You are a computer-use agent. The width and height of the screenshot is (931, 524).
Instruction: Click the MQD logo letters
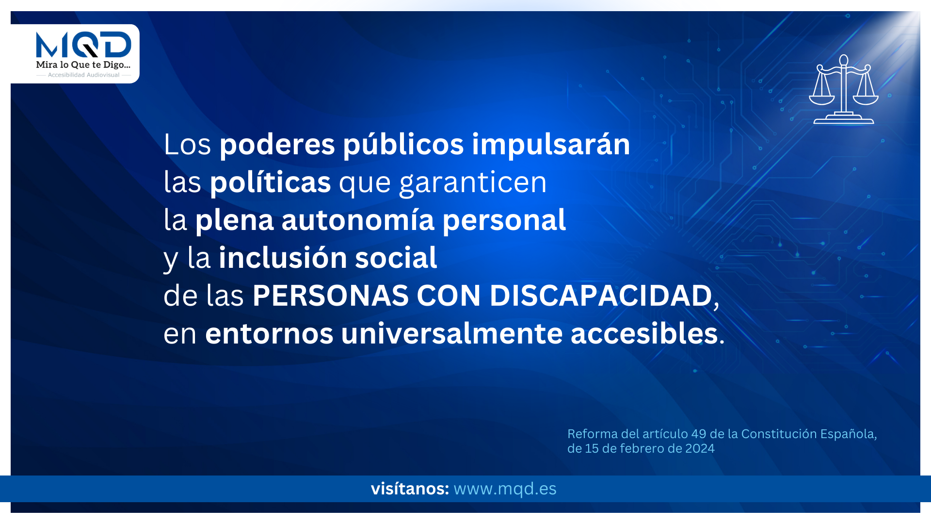83,45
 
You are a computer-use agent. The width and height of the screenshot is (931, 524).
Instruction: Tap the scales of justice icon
844,89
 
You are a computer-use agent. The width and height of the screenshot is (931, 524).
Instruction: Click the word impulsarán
551,145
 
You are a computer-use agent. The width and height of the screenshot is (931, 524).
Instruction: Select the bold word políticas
270,182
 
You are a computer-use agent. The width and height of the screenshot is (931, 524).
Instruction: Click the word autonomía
358,220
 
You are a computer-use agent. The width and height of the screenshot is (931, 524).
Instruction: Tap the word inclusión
283,257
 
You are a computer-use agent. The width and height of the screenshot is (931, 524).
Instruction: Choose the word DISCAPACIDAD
601,295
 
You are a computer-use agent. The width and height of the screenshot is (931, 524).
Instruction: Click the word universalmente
452,333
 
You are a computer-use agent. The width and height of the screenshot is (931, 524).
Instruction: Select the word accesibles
644,333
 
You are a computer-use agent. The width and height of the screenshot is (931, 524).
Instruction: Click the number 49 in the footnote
699,434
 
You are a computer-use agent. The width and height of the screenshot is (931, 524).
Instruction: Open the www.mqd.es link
505,489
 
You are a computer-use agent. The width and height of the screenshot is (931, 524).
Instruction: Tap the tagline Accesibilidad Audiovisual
83,75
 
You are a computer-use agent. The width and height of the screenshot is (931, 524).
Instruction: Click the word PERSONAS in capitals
330,295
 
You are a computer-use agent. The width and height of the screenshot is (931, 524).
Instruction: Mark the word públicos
403,145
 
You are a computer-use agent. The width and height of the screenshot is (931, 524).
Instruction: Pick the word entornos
269,334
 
